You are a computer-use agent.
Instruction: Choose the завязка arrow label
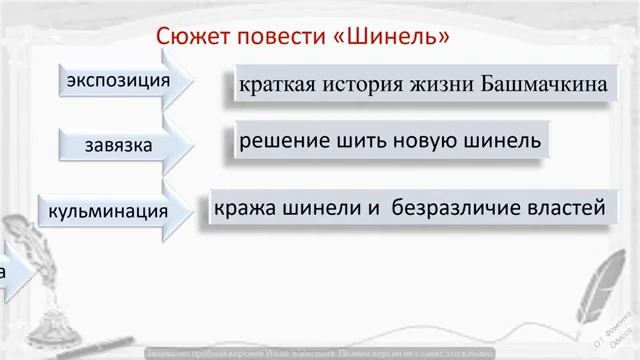[119, 146]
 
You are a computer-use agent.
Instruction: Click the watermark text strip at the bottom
[320, 353]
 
